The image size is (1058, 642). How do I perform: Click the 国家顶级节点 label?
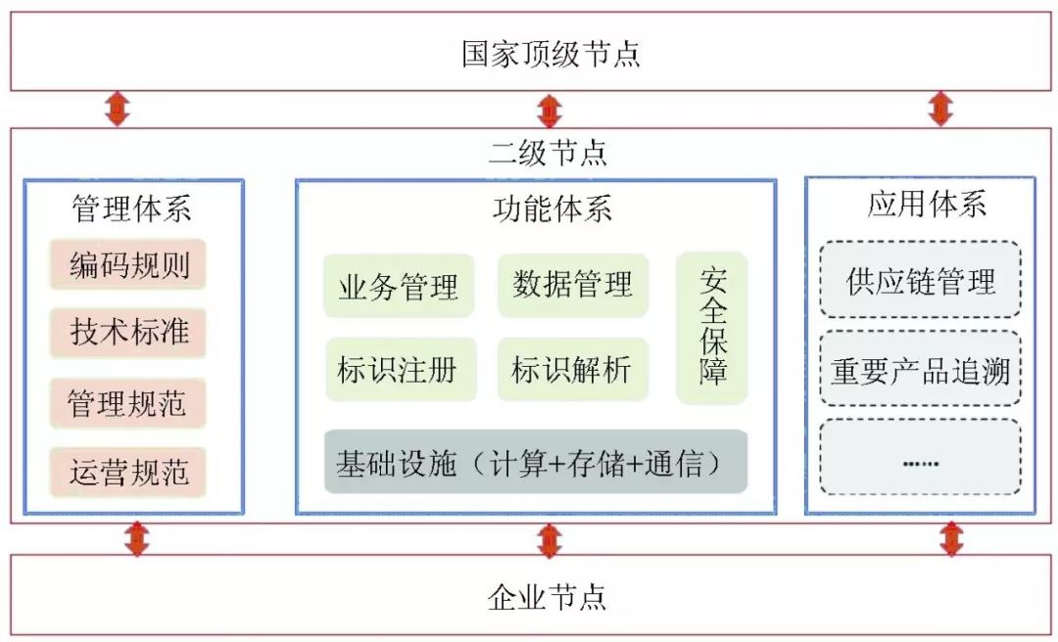coord(551,53)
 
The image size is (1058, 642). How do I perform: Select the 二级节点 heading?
coord(548,153)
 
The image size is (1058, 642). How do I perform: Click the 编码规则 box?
coord(129,264)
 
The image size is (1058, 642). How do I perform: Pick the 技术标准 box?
coord(129,333)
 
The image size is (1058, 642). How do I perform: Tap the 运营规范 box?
coord(128,473)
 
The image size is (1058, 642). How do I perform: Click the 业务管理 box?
coord(399,287)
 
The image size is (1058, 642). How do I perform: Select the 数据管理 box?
coord(573,285)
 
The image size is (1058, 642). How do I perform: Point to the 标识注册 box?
coord(400,370)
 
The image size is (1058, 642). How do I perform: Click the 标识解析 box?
coord(573,370)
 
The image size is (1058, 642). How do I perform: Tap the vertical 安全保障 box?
coord(712,328)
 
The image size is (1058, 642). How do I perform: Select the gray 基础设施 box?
coord(536,462)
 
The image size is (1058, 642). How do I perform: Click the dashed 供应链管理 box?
coord(920,281)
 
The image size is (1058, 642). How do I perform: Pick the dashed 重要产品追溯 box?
coord(920,370)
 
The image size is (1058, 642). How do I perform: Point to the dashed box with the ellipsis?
coord(920,458)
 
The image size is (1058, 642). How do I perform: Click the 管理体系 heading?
coord(131,208)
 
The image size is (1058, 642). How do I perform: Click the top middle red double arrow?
coord(550,109)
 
